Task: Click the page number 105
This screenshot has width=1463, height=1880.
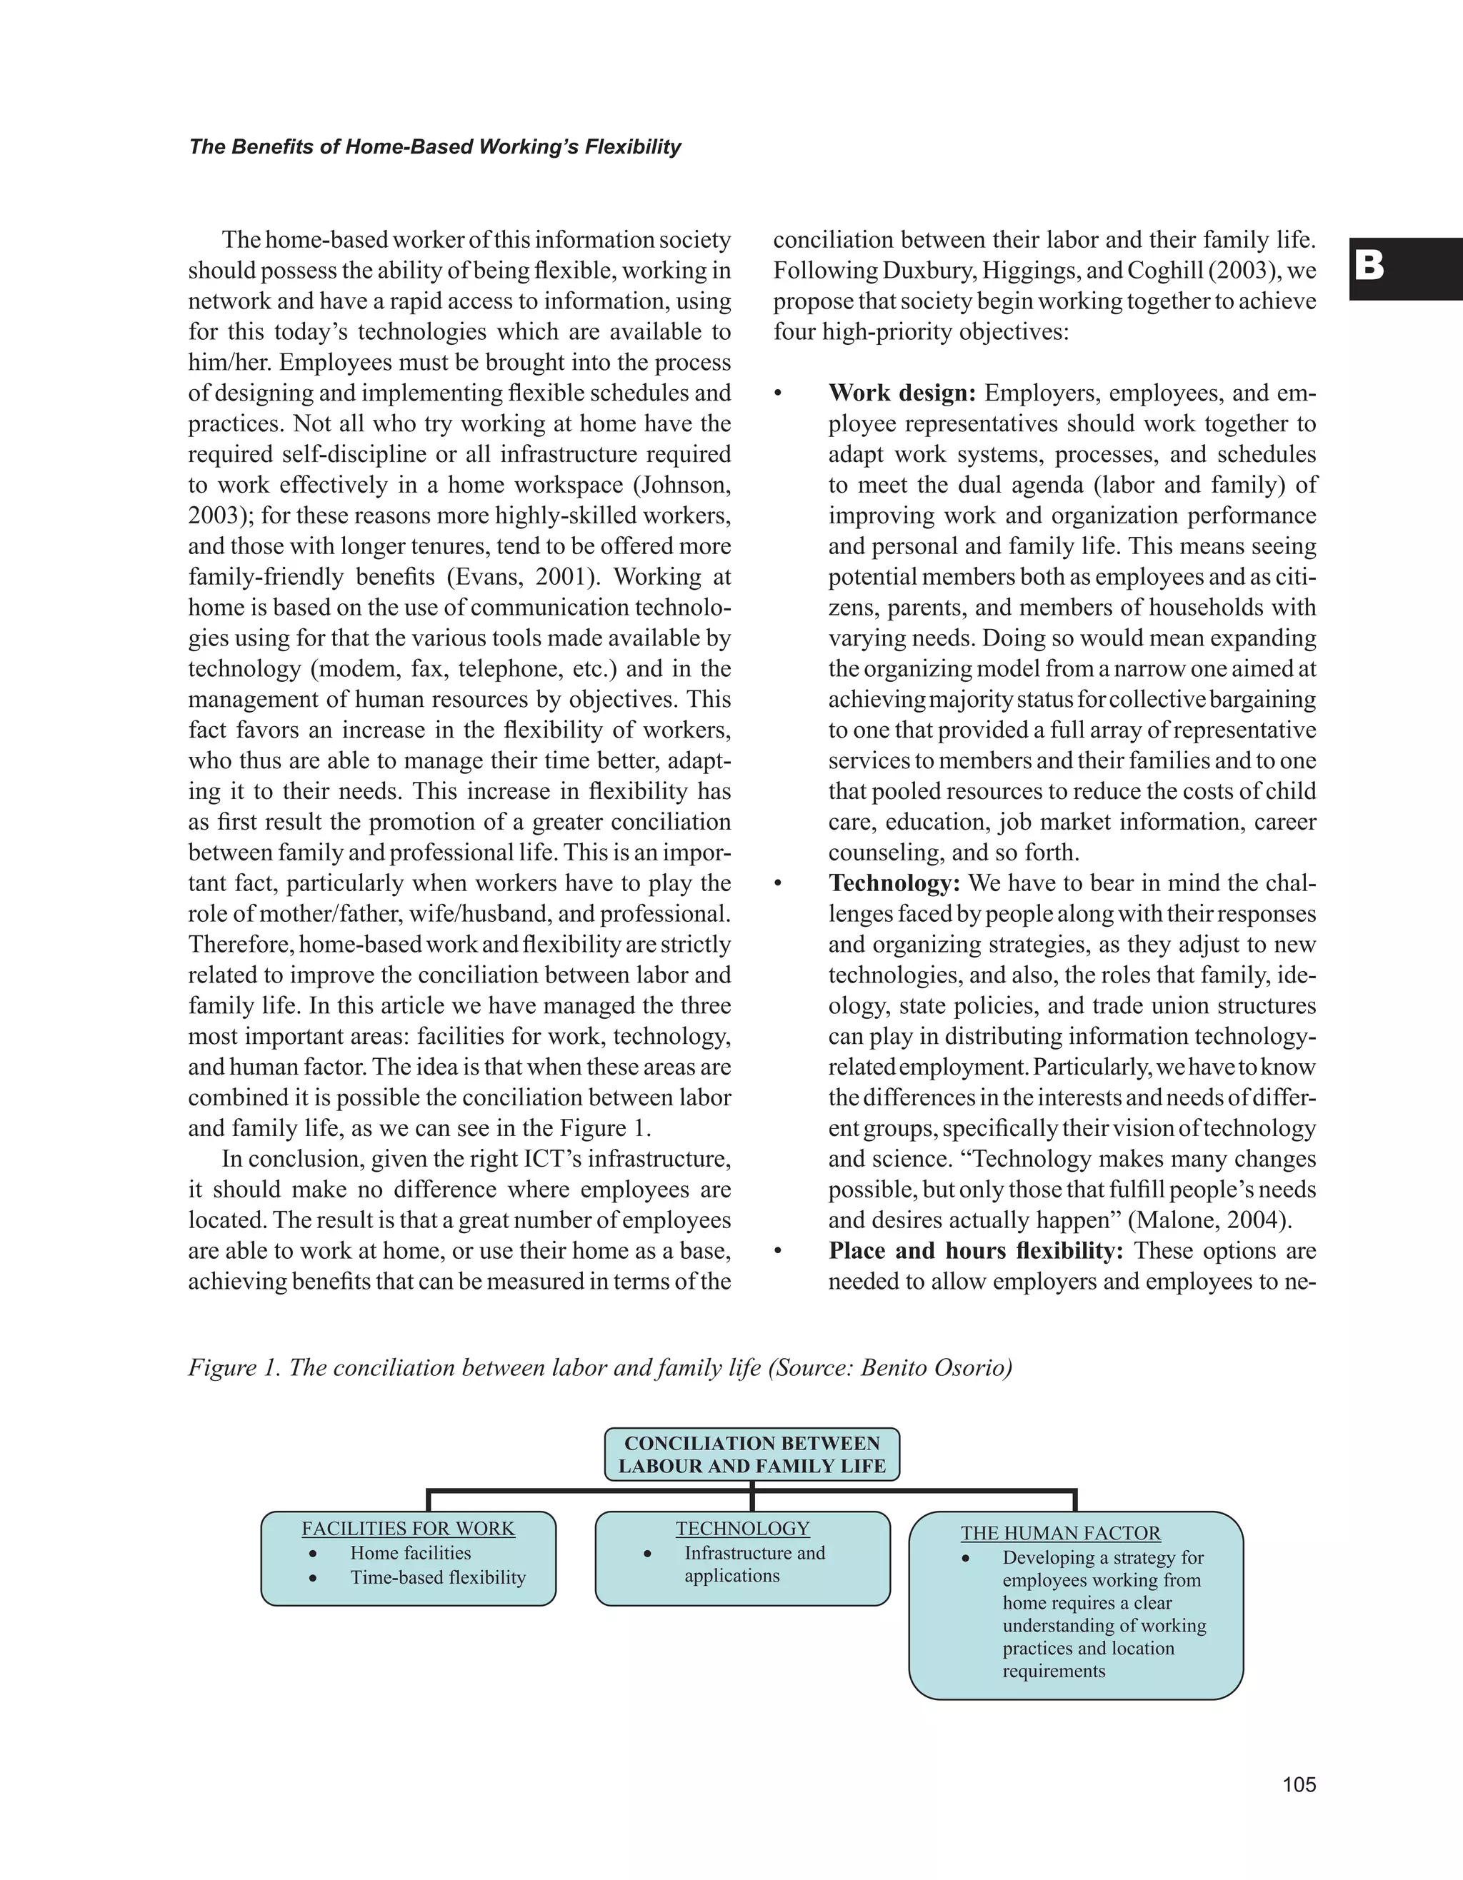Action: tap(1299, 1784)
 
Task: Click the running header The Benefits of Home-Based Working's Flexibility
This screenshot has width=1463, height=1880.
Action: tap(434, 147)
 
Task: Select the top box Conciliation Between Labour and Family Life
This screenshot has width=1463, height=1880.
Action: tap(752, 1454)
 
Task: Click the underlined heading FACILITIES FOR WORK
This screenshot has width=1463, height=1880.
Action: tap(407, 1529)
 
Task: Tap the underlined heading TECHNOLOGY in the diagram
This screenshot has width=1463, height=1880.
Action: tap(742, 1529)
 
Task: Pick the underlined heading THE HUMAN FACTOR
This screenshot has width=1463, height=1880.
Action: tap(1060, 1533)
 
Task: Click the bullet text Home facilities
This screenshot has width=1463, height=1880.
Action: tap(410, 1553)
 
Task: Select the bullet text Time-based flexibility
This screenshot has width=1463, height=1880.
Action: tap(437, 1577)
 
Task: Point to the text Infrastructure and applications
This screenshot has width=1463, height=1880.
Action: tap(754, 1564)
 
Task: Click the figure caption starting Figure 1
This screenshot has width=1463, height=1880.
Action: tap(599, 1368)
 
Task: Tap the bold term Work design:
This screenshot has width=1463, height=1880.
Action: tap(902, 393)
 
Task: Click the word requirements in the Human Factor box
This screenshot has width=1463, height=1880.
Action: tap(1053, 1671)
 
